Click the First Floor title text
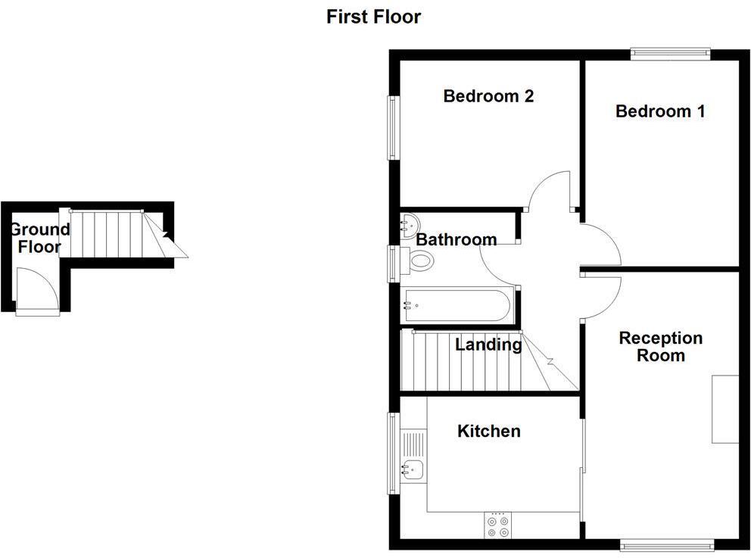[373, 17]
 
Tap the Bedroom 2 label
[488, 96]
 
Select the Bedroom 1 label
[660, 111]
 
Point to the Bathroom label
[457, 239]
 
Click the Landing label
[488, 345]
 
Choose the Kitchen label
[488, 431]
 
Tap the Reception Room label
[660, 347]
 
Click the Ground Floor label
[39, 238]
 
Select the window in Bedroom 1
[670, 54]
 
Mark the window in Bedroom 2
[394, 126]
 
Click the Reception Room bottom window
[665, 543]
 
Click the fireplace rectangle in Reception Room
[725, 409]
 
